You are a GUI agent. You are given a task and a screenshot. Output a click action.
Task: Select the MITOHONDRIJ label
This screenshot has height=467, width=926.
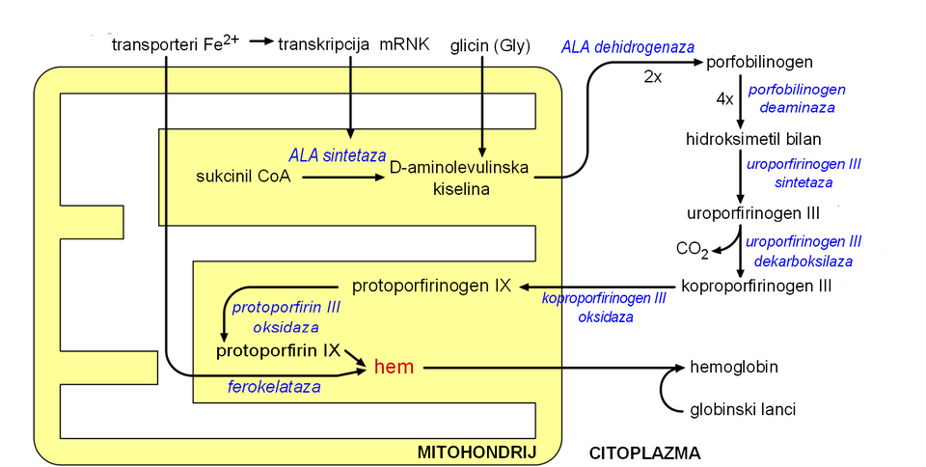476,452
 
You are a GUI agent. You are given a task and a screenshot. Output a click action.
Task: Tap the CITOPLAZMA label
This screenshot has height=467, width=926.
644,452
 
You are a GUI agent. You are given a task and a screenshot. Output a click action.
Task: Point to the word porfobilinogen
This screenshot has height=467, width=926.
760,63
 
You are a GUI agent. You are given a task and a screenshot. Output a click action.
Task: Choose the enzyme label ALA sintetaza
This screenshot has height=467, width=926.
337,154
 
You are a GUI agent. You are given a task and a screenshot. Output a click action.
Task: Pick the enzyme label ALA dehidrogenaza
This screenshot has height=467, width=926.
628,46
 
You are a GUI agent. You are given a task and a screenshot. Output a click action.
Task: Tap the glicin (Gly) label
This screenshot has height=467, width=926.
490,45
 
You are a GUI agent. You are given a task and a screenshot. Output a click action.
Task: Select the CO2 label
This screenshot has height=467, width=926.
692,249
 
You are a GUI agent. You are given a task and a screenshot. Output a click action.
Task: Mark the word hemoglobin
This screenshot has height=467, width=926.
734,367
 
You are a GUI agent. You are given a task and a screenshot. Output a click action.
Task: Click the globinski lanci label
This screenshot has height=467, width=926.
743,409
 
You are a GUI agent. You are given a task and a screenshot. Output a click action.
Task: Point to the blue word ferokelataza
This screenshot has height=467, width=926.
274,386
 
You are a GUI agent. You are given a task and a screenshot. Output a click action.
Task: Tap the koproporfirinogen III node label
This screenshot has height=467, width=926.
756,286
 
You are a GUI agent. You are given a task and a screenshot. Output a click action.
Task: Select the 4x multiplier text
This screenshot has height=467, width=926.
724,98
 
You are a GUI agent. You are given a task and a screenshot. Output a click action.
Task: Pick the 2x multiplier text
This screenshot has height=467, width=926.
652,76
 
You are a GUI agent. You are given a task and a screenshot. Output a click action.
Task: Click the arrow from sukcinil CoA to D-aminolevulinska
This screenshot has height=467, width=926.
343,177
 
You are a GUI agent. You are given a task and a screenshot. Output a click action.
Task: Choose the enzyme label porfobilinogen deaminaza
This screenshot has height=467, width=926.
797,97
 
